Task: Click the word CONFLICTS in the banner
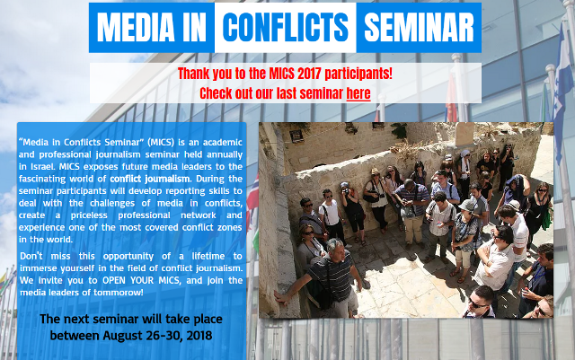tap(286, 28)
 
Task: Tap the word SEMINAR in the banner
tap(420, 28)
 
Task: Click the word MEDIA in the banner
tap(136, 28)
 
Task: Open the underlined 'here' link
tap(358, 93)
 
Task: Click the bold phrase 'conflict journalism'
tap(150, 179)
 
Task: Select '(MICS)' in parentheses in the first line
tap(161, 142)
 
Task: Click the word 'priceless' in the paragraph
tap(89, 215)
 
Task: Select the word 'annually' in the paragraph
tap(227, 154)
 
